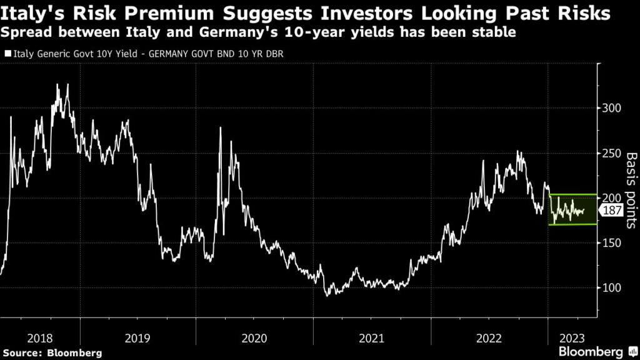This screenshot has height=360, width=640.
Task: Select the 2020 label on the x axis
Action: (x=254, y=338)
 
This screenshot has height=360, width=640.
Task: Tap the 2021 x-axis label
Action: (x=371, y=338)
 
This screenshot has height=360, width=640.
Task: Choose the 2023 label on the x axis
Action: (x=571, y=338)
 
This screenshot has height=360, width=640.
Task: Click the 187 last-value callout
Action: (x=612, y=211)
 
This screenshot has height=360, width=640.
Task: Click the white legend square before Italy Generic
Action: (x=7, y=54)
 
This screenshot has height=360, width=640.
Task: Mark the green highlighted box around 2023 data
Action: (x=572, y=209)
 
